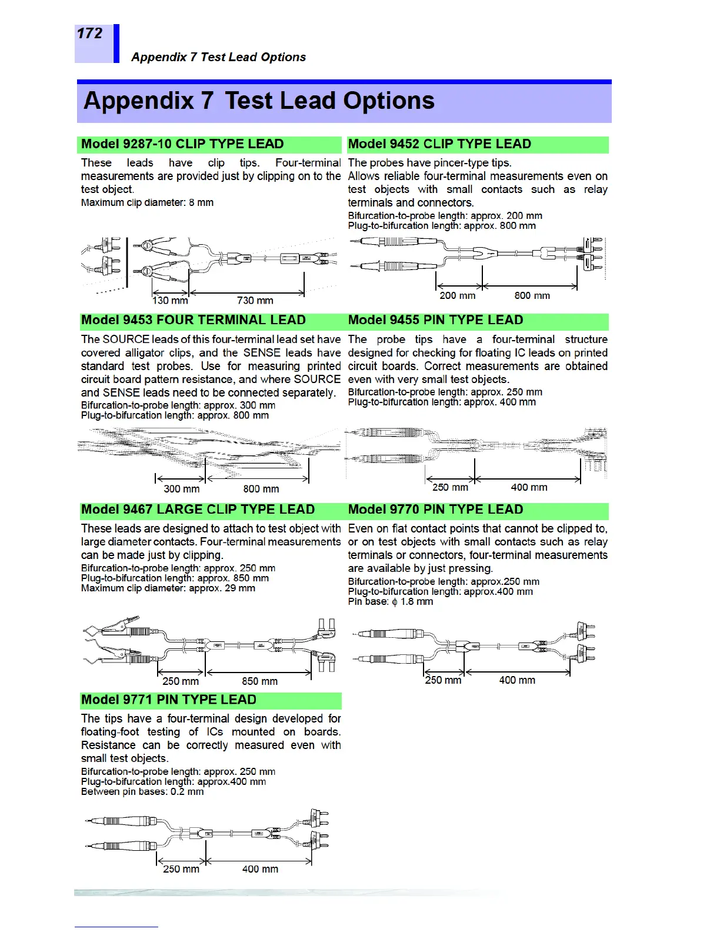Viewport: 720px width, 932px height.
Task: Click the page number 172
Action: click(x=89, y=34)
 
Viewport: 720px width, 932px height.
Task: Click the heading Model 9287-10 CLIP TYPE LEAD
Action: click(x=182, y=144)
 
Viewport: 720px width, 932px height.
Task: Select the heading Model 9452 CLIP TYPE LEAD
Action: click(x=439, y=144)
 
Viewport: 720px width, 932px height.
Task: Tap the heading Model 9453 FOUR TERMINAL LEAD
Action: click(x=194, y=320)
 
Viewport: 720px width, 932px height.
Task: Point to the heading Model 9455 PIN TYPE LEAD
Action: click(x=435, y=320)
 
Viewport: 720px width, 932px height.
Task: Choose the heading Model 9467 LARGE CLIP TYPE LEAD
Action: click(x=198, y=510)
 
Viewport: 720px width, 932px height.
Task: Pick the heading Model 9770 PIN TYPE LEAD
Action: click(x=435, y=510)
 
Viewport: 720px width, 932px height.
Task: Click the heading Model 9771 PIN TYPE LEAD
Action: click(x=169, y=700)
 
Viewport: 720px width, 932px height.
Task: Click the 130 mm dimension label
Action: click(x=170, y=301)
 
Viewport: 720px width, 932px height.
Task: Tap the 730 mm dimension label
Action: click(x=255, y=301)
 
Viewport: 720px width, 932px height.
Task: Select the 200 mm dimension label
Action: click(x=457, y=295)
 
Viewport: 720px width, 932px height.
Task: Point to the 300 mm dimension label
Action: click(x=181, y=489)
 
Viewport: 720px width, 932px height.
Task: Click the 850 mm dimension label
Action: click(x=259, y=681)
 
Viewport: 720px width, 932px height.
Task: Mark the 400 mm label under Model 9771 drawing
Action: click(x=260, y=869)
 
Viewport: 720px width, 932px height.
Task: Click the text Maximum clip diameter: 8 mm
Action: click(x=147, y=203)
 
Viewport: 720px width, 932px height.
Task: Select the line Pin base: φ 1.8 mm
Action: click(x=391, y=602)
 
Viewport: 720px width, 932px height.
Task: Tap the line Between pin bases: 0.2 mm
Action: click(x=142, y=792)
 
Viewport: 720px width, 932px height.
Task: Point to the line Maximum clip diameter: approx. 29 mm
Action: click(x=168, y=588)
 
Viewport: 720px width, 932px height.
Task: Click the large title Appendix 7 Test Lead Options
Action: click(x=259, y=101)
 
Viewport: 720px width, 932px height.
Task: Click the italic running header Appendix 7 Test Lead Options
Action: click(x=218, y=57)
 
